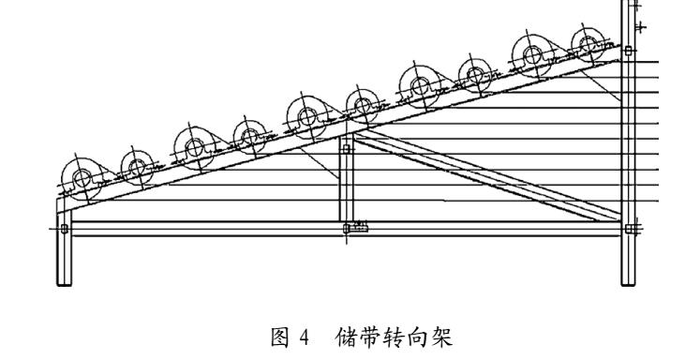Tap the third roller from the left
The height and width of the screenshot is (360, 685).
[x=194, y=146]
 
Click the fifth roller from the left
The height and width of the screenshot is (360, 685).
[x=306, y=117]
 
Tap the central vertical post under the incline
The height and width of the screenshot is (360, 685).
[x=346, y=183]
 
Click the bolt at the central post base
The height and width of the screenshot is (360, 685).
[x=356, y=227]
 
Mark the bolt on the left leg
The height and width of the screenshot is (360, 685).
[x=64, y=227]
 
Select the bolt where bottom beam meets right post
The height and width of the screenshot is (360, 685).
[x=631, y=228]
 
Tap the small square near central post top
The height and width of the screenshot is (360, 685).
[x=346, y=148]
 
